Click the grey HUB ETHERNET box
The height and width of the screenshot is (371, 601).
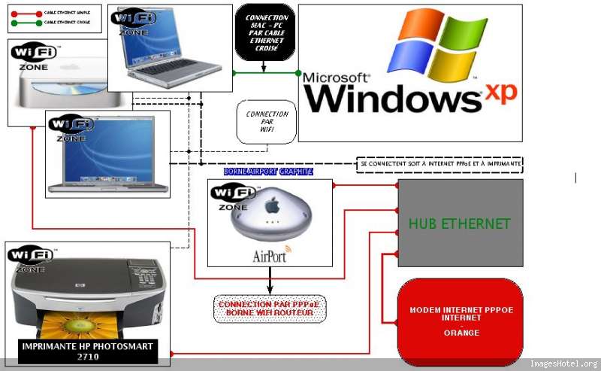(460, 224)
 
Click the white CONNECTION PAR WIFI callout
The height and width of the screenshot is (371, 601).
(267, 120)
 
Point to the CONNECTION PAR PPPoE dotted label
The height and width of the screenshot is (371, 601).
(270, 309)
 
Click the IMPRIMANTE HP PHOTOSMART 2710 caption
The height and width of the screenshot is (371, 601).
(89, 351)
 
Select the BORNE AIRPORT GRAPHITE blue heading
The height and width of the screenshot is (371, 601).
(267, 172)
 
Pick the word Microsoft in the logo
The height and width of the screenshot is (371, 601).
(337, 78)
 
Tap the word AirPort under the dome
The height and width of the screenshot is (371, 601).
(270, 256)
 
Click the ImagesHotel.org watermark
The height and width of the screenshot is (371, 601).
(563, 364)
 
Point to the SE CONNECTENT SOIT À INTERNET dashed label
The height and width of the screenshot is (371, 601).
(439, 163)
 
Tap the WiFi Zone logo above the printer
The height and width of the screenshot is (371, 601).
(31, 257)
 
